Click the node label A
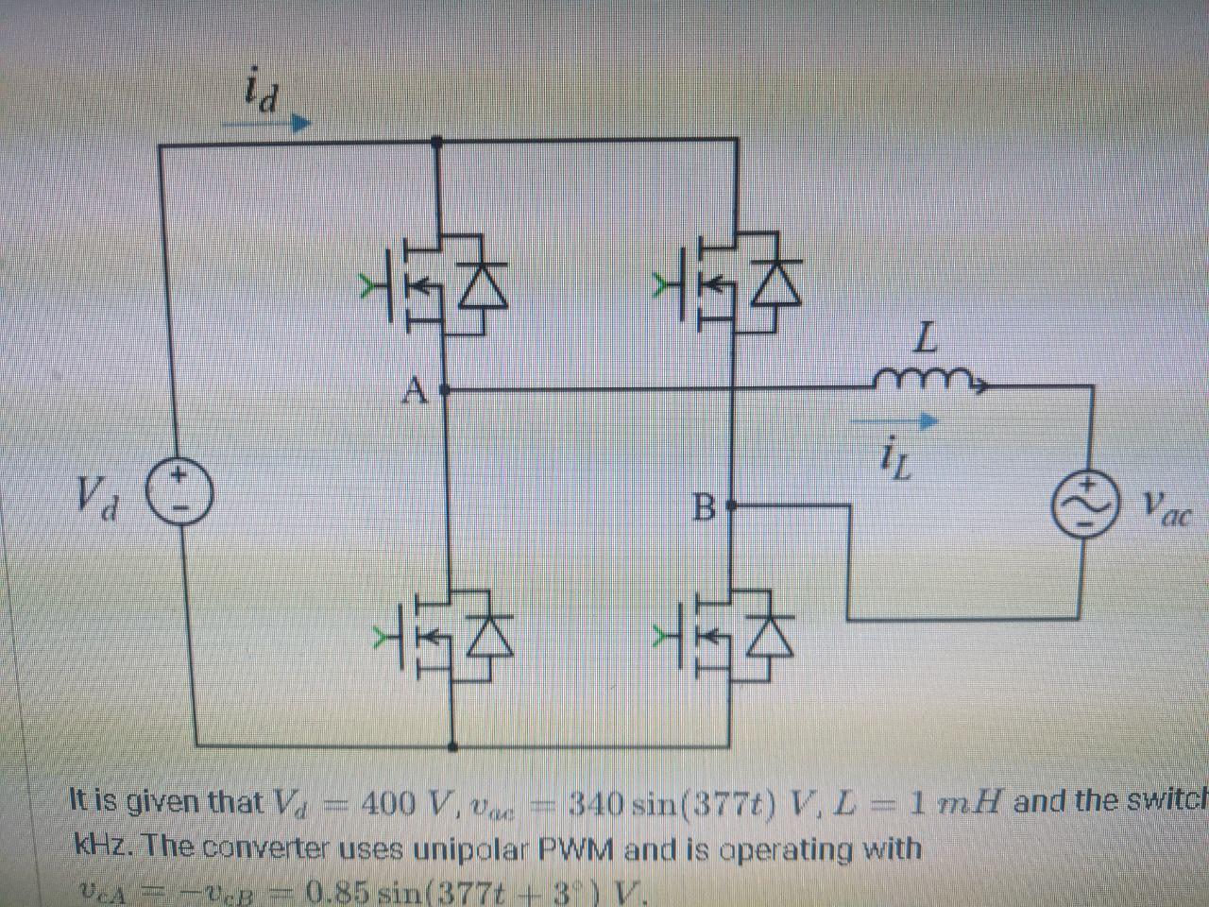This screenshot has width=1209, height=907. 417,388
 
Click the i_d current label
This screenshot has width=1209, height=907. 260,93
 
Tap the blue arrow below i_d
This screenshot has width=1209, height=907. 274,124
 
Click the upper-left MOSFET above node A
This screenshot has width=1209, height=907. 439,285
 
